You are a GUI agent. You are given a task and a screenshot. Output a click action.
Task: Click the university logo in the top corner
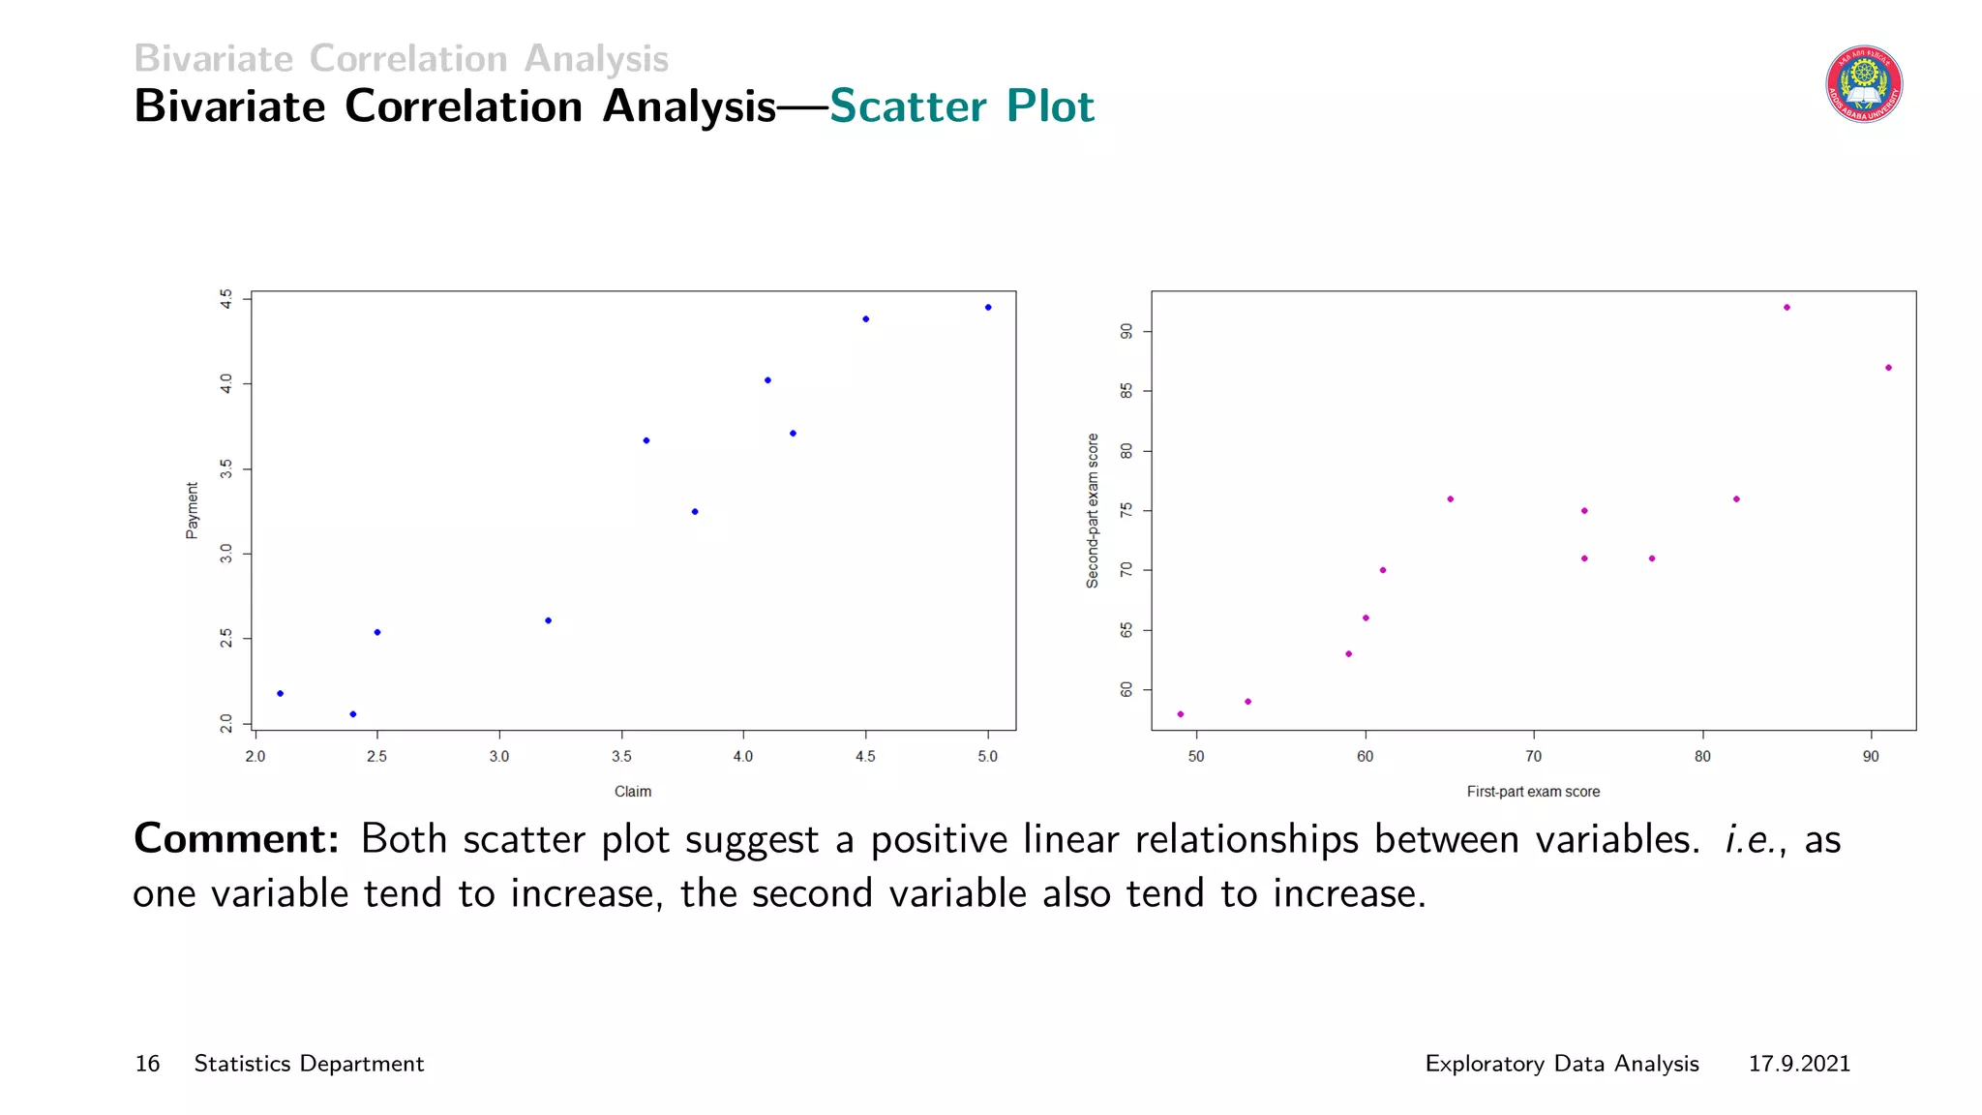coord(1864,84)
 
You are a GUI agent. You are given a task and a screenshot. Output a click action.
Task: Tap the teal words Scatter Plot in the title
coord(961,106)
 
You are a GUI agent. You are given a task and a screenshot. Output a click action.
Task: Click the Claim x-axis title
coord(633,792)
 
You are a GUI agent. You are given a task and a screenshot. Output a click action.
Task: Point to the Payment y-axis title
coord(192,510)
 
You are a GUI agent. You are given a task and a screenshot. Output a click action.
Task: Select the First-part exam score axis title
coord(1533,792)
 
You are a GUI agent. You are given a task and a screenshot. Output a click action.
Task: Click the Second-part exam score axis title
coord(1093,510)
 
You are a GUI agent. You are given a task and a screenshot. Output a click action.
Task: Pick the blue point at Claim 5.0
coord(988,308)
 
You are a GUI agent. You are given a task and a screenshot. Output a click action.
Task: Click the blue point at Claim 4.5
coord(866,319)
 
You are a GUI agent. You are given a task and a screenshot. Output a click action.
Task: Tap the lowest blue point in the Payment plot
coord(353,714)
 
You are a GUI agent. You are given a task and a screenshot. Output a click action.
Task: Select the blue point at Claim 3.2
coord(549,620)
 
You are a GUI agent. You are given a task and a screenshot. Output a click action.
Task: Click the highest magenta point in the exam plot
coord(1787,308)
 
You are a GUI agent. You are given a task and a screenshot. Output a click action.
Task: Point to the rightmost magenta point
coord(1888,368)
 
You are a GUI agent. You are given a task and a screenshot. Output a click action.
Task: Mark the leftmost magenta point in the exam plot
coord(1181,714)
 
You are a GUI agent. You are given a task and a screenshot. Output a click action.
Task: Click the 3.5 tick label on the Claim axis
coord(621,757)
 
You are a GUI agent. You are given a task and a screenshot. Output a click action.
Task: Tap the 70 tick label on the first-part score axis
coord(1534,757)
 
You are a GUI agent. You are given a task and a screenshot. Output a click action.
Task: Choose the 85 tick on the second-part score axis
coord(1126,391)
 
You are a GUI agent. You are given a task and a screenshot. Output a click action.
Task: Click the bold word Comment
coord(236,839)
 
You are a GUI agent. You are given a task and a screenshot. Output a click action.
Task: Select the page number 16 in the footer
coord(147,1064)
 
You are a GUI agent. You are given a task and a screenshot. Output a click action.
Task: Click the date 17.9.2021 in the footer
coord(1799,1064)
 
